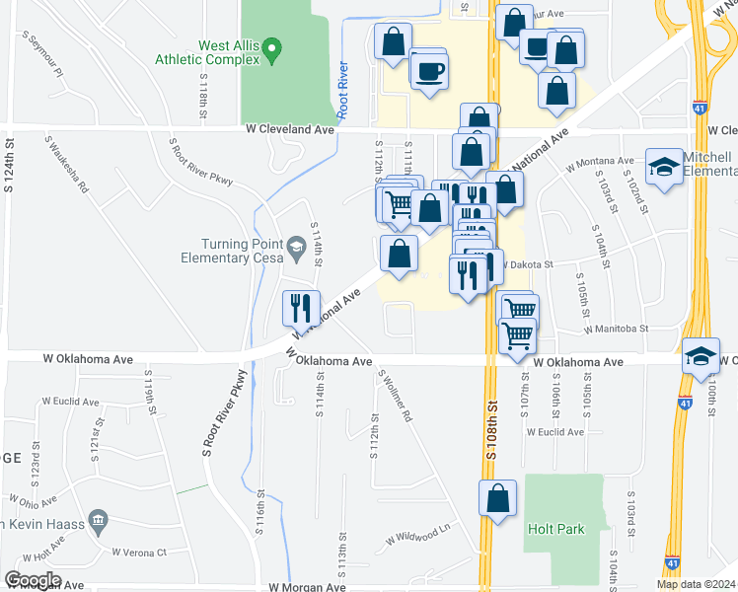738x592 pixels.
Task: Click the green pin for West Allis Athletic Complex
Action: coord(275,46)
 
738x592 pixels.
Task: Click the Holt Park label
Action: coord(555,529)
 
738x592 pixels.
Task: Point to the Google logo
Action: coord(33,579)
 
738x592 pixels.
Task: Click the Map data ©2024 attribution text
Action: coord(696,584)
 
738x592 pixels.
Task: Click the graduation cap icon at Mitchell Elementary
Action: coord(665,166)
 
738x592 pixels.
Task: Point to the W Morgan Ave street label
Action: coord(307,586)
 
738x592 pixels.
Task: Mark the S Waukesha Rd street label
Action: coord(66,167)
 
